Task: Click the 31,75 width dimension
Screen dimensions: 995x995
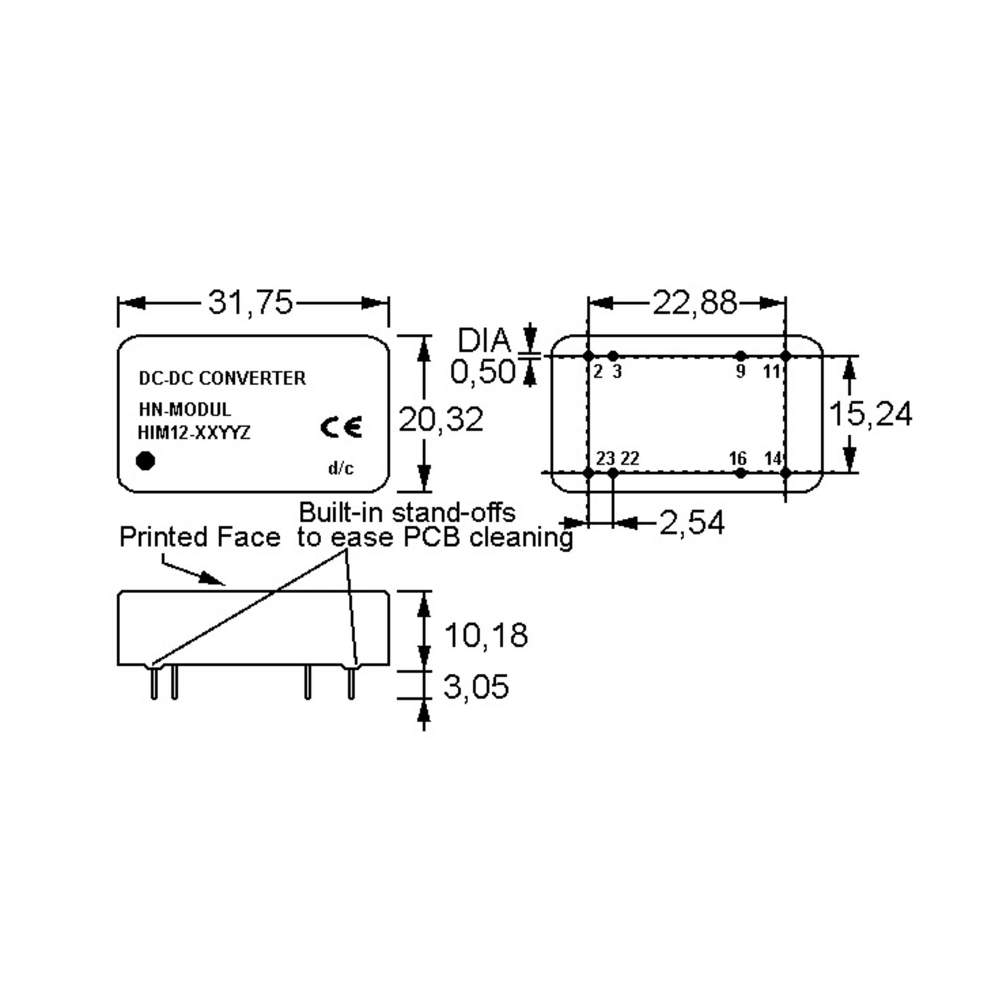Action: point(250,302)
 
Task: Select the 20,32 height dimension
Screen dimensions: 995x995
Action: point(441,419)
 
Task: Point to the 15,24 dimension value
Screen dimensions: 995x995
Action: point(870,414)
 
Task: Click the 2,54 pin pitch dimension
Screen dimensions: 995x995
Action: point(692,523)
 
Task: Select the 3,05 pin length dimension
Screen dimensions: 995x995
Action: point(476,686)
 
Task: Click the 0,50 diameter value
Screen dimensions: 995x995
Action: point(483,371)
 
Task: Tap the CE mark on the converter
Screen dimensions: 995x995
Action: point(341,427)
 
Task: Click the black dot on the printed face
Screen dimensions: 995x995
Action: point(145,461)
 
